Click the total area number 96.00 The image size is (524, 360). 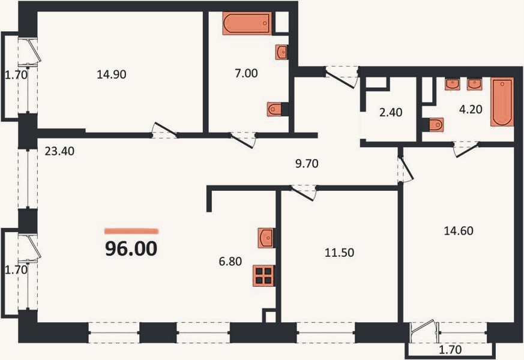(131, 249)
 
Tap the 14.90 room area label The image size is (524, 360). (112, 74)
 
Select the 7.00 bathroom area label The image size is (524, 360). (246, 73)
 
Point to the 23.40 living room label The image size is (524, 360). (59, 151)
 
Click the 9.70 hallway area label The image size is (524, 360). (307, 164)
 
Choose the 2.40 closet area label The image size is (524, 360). (391, 112)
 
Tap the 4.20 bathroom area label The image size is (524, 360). (471, 109)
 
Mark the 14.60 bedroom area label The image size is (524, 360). (459, 231)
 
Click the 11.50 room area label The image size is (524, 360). (340, 253)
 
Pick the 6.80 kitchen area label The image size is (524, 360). (230, 261)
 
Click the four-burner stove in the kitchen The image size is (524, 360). (264, 275)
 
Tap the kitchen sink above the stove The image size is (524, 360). (266, 238)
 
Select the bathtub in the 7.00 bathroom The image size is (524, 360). (247, 23)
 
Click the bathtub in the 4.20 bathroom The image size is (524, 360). (502, 102)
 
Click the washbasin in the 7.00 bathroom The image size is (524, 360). (282, 52)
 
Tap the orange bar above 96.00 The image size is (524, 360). (131, 231)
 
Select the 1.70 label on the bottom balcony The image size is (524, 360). (450, 350)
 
